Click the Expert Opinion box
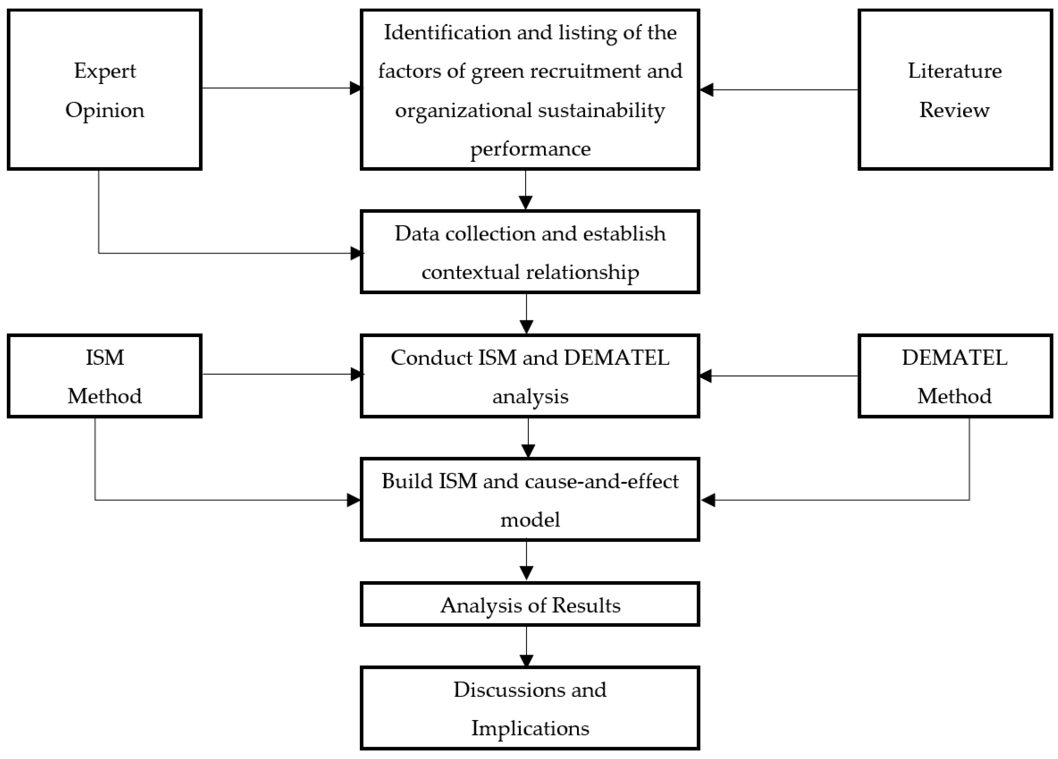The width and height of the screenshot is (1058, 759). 105,89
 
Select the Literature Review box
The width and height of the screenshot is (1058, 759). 955,89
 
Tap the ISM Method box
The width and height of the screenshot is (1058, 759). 105,376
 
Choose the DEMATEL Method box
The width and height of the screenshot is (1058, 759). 955,376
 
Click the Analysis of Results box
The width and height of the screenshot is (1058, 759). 530,605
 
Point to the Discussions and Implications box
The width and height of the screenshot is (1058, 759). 530,708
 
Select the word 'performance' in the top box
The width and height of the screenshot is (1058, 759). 530,149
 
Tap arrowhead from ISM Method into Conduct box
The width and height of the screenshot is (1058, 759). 356,374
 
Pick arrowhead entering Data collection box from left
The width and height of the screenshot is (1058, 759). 356,253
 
